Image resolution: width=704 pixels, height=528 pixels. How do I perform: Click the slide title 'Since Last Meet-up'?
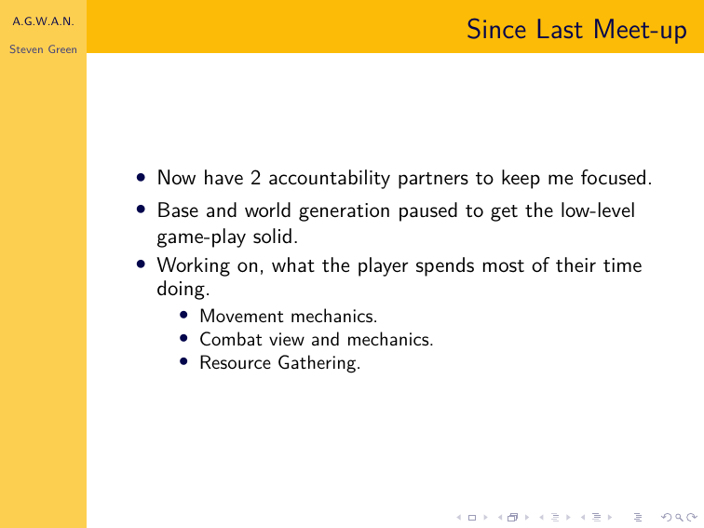pyautogui.click(x=576, y=30)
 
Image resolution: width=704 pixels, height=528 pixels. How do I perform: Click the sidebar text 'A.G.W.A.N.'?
pyautogui.click(x=43, y=21)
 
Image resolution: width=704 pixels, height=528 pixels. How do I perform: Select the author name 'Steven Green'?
pyautogui.click(x=43, y=49)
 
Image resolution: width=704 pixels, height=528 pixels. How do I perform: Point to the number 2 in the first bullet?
pyautogui.click(x=255, y=178)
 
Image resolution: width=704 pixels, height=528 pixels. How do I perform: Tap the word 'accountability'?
pyautogui.click(x=330, y=179)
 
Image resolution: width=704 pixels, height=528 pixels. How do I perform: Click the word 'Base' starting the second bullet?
pyautogui.click(x=178, y=210)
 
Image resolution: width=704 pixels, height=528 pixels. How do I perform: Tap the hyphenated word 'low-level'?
pyautogui.click(x=598, y=210)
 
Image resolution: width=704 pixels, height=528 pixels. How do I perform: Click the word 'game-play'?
pyautogui.click(x=201, y=237)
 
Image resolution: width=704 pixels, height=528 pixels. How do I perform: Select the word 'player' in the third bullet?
pyautogui.click(x=382, y=266)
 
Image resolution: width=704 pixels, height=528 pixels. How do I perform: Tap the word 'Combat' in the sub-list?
pyautogui.click(x=231, y=340)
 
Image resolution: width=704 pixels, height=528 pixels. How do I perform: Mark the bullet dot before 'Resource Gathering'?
pyautogui.click(x=183, y=361)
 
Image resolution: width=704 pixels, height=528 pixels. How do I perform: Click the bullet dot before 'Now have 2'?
pyautogui.click(x=141, y=177)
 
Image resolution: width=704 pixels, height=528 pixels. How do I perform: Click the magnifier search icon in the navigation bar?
pyautogui.click(x=679, y=518)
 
